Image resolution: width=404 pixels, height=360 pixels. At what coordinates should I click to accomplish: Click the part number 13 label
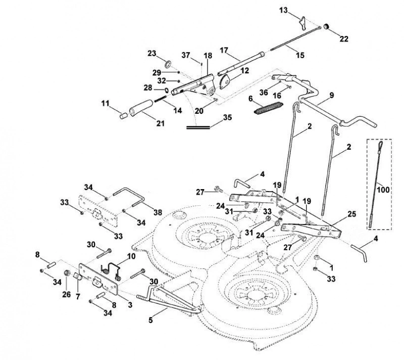coord(283,10)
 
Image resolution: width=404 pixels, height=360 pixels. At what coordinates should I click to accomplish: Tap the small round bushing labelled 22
coord(326,26)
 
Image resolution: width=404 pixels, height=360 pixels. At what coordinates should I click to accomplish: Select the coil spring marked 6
coord(269,108)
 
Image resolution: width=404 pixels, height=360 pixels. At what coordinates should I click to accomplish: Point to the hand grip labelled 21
coord(141,108)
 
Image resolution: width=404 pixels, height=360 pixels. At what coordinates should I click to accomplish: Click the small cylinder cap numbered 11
coord(124,115)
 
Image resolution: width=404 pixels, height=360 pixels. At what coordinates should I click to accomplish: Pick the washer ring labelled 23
coord(168,63)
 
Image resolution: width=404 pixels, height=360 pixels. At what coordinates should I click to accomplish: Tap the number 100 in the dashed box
coord(383,190)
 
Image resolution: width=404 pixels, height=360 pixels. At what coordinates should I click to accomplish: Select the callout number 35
coord(227,117)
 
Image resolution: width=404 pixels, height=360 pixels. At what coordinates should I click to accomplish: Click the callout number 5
coord(150,320)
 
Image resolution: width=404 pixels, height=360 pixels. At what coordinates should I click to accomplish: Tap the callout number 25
coord(351,214)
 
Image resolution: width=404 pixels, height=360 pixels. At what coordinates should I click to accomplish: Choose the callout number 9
coord(332,95)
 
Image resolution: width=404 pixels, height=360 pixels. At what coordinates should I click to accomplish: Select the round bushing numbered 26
coord(68,273)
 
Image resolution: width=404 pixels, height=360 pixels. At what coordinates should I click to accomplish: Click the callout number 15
coord(300,55)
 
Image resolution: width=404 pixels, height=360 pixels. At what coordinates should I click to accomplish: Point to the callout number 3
coord(130,304)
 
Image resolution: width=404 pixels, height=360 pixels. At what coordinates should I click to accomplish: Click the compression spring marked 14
coord(161,99)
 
